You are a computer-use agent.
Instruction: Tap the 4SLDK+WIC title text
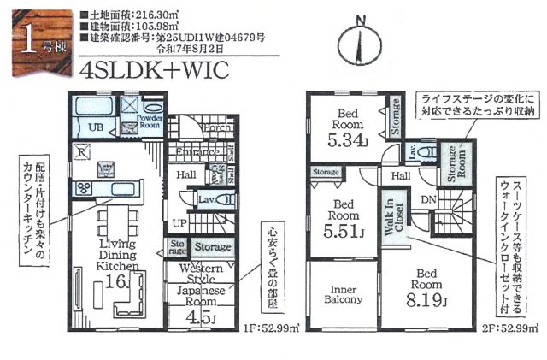point(153,71)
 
